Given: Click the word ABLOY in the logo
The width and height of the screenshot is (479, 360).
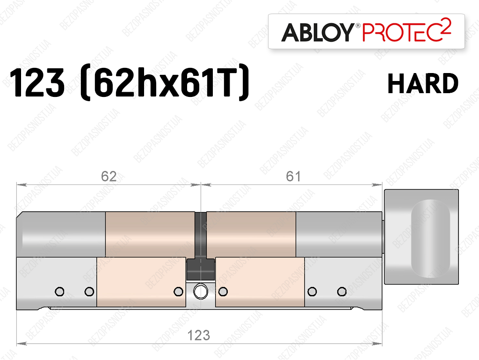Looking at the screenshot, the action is click(x=318, y=32).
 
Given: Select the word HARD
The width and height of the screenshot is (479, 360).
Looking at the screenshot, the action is click(x=423, y=83).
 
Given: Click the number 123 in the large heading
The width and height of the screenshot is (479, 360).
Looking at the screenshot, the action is click(x=37, y=82).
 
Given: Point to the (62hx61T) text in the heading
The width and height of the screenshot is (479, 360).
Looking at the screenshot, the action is click(x=164, y=82).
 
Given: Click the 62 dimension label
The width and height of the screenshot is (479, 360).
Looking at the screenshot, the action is click(x=109, y=176).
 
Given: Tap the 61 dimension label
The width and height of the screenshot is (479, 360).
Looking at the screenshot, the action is click(x=293, y=176).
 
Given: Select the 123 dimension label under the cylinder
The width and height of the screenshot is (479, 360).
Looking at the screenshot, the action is click(x=198, y=335).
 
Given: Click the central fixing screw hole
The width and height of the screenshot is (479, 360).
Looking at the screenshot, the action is click(x=200, y=292).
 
